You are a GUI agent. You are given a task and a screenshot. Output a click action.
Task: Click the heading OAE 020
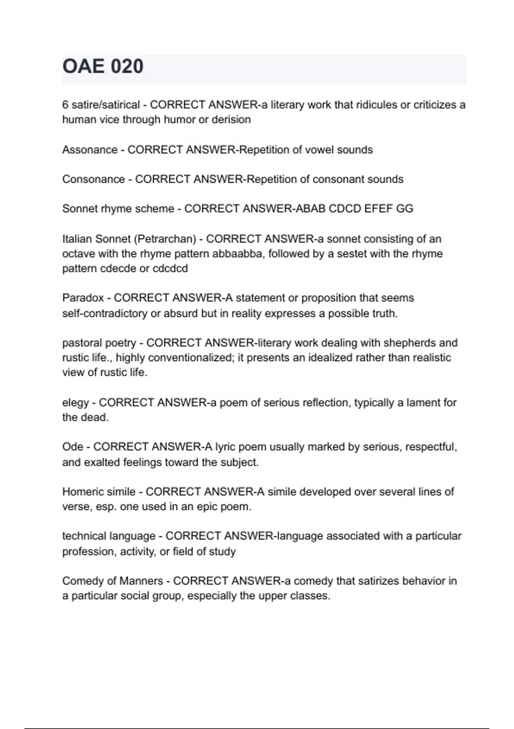[103, 67]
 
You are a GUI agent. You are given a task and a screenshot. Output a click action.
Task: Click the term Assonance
[90, 150]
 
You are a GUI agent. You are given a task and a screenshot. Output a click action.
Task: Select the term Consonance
[93, 179]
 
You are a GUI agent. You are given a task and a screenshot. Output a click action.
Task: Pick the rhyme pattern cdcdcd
[170, 269]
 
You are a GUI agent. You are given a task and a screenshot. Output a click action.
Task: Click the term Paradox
[83, 298]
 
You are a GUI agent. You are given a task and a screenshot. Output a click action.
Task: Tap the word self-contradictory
[105, 314]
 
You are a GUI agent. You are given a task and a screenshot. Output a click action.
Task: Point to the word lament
[423, 403]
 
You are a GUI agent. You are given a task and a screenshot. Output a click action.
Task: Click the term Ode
[72, 447]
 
